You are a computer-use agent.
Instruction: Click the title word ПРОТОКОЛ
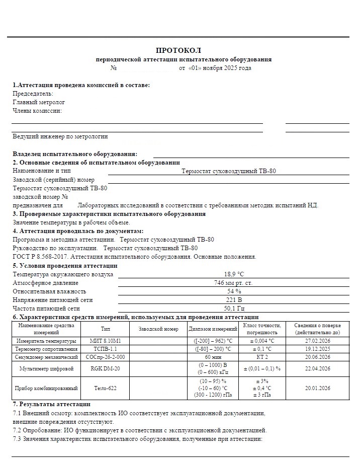[178, 50]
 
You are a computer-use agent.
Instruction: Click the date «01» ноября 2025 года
[219, 68]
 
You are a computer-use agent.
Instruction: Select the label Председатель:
[33, 94]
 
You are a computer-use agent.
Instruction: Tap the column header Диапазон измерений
[213, 329]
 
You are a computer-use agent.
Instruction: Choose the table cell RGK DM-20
[105, 369]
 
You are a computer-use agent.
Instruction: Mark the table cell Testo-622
[105, 389]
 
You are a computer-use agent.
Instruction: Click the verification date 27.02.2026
[317, 341]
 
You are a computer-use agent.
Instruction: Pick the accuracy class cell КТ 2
[261, 357]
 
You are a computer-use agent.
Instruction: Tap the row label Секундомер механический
[45, 357]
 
